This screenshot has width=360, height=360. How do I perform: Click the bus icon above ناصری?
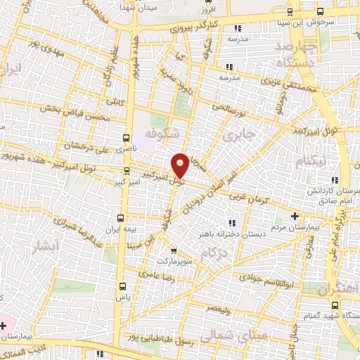(x=126, y=138)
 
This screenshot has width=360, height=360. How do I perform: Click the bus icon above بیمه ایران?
(x=120, y=217)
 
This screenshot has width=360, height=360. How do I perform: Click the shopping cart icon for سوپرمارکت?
(x=174, y=250)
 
